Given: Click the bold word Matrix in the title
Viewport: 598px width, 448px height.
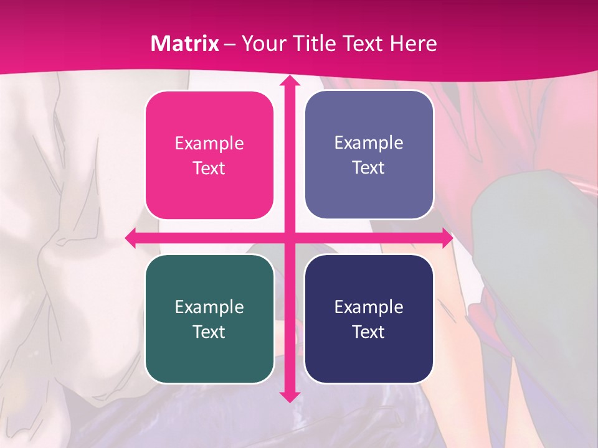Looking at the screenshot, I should click(185, 44).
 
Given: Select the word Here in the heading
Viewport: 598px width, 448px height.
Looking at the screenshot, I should click(414, 44).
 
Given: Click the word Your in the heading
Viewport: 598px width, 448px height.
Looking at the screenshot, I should click(261, 44).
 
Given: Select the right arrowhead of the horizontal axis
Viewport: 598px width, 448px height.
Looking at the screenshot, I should click(445, 238).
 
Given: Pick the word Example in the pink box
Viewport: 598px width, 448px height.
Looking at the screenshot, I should click(209, 144).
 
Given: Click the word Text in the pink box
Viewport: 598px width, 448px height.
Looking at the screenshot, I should click(209, 169).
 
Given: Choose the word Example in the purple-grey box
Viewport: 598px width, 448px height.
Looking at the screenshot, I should click(369, 143).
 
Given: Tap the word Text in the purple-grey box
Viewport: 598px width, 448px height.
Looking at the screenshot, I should click(369, 168).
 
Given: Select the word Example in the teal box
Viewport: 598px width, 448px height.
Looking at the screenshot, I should click(209, 307).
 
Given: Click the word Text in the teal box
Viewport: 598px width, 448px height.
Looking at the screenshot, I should click(209, 332).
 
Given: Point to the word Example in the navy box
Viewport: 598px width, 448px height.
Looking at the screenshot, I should click(369, 307).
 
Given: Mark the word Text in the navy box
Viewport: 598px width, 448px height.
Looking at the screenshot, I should click(369, 332).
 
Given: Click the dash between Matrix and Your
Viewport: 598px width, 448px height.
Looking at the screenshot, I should click(230, 44).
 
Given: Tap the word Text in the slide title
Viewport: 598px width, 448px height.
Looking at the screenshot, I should click(364, 44).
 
